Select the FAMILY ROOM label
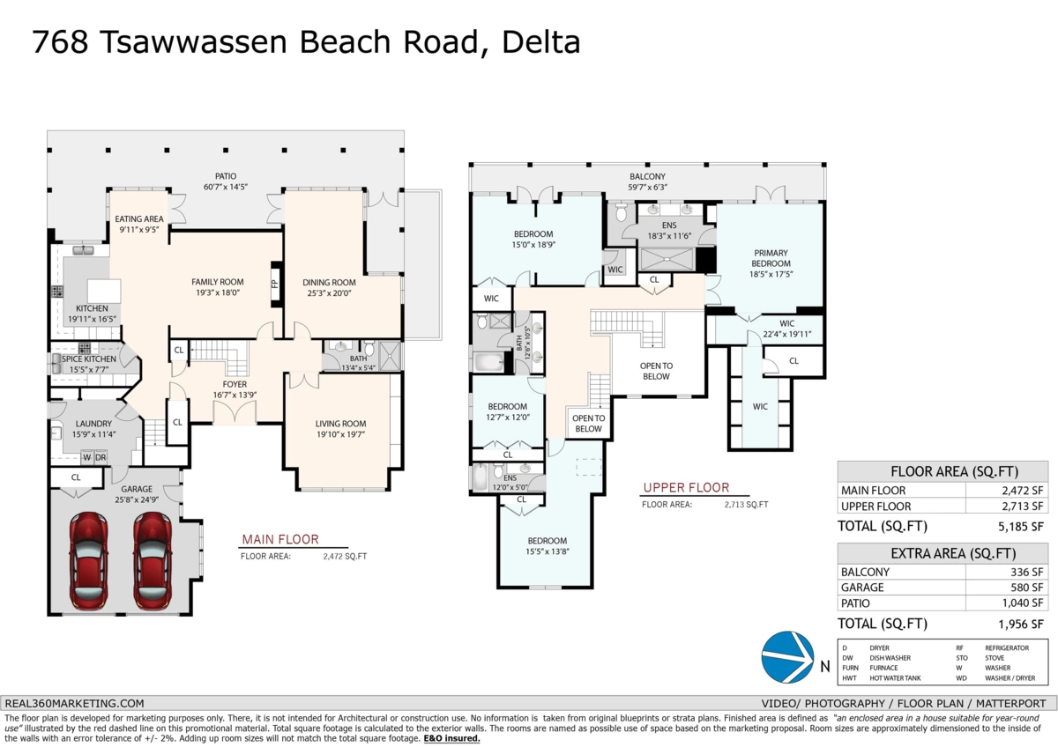point(217,282)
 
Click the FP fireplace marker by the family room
point(274,284)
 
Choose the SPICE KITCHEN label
point(88,359)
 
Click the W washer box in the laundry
point(86,457)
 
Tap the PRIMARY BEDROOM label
point(770,258)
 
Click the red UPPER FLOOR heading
point(686,488)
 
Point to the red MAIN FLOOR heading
point(279,539)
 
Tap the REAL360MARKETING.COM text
point(74,703)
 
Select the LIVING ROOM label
point(340,424)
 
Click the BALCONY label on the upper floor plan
point(647,176)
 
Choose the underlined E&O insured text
point(451,738)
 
